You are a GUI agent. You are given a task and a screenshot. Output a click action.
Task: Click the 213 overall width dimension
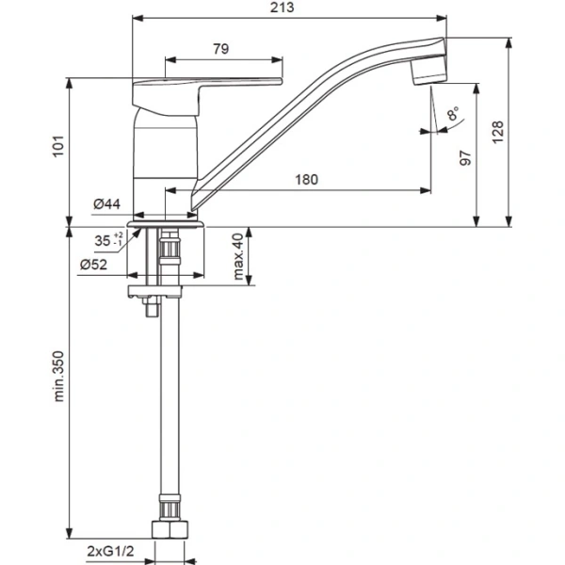282,8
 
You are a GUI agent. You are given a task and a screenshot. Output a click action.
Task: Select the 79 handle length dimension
221,49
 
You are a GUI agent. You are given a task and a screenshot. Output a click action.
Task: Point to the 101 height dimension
58,146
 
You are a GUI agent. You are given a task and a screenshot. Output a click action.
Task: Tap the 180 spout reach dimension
307,180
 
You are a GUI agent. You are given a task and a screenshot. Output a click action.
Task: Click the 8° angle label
453,113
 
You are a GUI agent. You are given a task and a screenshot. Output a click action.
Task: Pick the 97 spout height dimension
466,158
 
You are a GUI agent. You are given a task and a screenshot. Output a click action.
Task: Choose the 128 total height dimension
497,133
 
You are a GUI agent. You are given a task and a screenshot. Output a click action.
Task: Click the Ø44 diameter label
107,204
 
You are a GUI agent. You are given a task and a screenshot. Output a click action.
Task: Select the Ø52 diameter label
93,265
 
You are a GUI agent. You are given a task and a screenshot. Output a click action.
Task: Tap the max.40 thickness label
238,256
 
